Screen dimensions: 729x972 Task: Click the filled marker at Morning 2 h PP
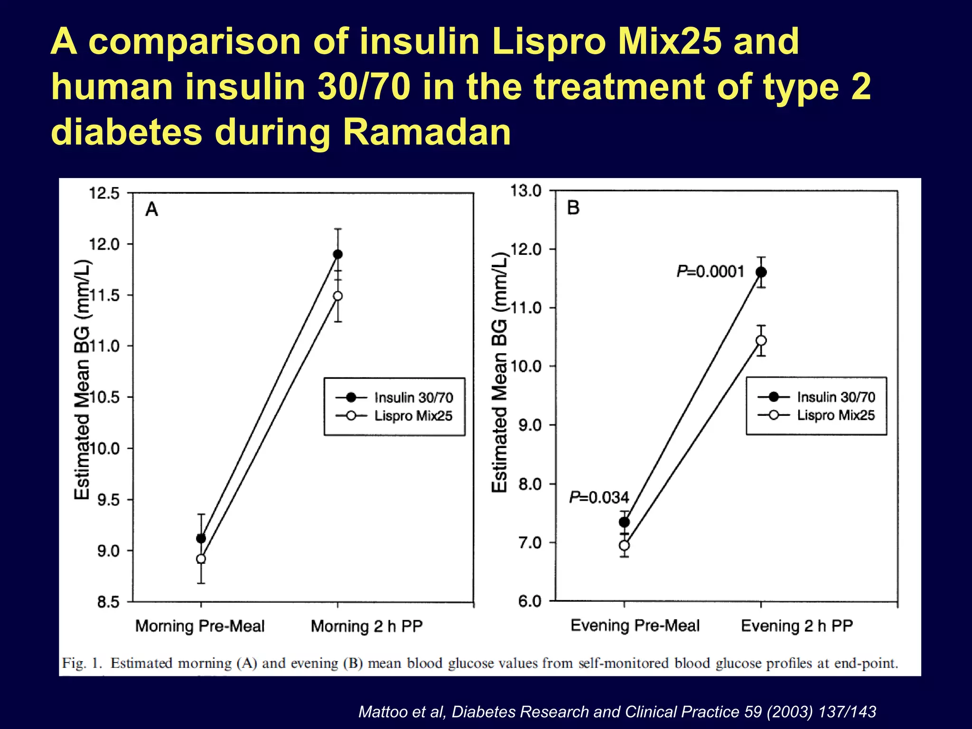click(x=337, y=254)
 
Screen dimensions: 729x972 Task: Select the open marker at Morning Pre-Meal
click(x=201, y=559)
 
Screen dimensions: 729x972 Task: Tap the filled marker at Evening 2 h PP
click(x=761, y=272)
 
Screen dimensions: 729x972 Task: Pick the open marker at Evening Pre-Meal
click(x=625, y=545)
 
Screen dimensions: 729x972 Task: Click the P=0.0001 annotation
click(x=710, y=271)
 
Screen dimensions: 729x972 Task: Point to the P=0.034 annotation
click(x=599, y=497)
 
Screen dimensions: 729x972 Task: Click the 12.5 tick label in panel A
click(x=104, y=194)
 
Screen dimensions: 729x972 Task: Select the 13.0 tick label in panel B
click(x=525, y=191)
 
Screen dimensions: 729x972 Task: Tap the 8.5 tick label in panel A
click(x=108, y=602)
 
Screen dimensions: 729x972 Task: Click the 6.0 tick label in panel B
click(x=530, y=601)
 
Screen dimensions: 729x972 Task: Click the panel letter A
click(x=151, y=209)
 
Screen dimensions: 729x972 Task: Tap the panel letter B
click(x=573, y=207)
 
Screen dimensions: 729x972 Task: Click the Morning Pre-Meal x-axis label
click(x=200, y=626)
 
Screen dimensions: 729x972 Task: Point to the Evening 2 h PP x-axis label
click(x=797, y=626)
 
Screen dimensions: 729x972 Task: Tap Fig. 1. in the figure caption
click(x=82, y=663)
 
